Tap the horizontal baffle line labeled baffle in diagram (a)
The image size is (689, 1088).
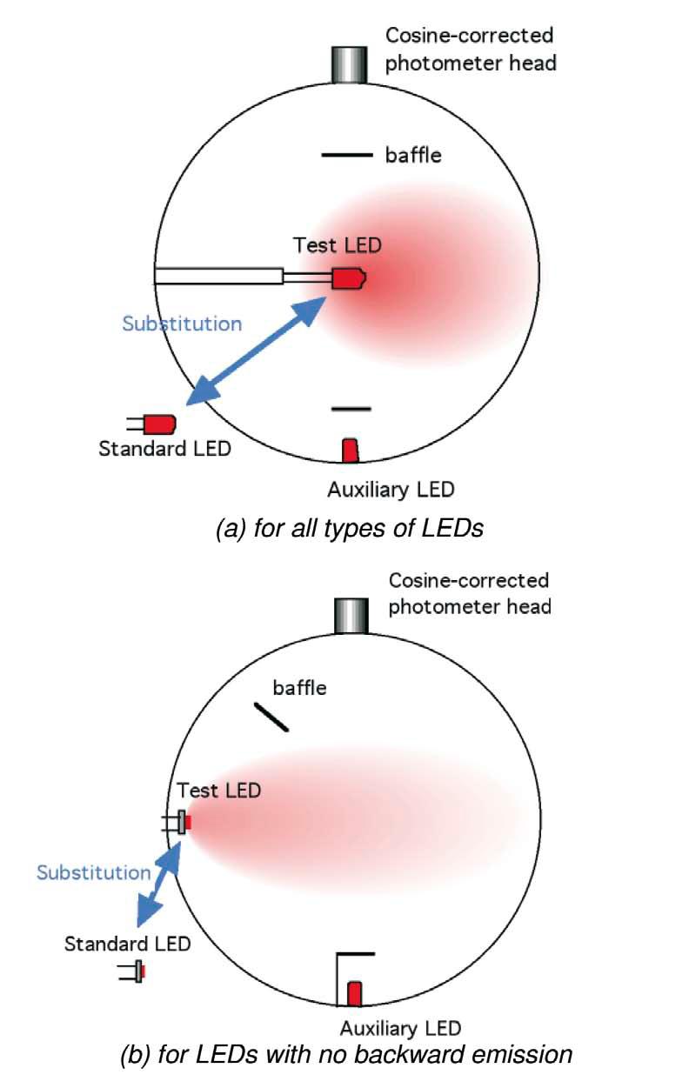347,156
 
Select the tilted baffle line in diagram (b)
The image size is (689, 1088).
271,717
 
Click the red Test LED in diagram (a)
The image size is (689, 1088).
349,279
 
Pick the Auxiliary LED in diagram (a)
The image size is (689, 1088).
350,451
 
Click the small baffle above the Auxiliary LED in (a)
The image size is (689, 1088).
351,408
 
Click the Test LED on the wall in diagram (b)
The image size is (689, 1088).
183,822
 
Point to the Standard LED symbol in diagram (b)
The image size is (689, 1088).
137,971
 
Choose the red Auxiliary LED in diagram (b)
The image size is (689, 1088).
355,993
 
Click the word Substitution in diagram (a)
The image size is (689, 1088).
182,324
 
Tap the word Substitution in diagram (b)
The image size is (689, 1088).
93,871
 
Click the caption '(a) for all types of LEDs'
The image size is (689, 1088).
348,528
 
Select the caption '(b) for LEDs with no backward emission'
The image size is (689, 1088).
346,1056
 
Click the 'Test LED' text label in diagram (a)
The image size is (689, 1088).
337,245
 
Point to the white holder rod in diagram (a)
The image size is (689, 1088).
219,276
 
